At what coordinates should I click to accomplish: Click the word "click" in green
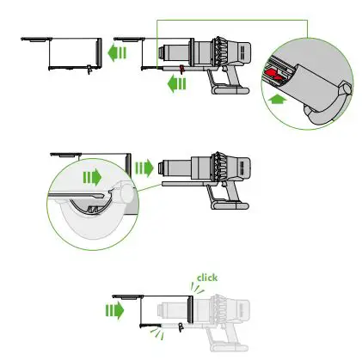click(208, 278)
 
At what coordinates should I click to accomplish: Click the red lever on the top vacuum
click(181, 66)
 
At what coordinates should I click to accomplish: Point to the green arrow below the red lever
click(177, 84)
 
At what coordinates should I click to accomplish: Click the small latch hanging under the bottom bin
click(181, 330)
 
